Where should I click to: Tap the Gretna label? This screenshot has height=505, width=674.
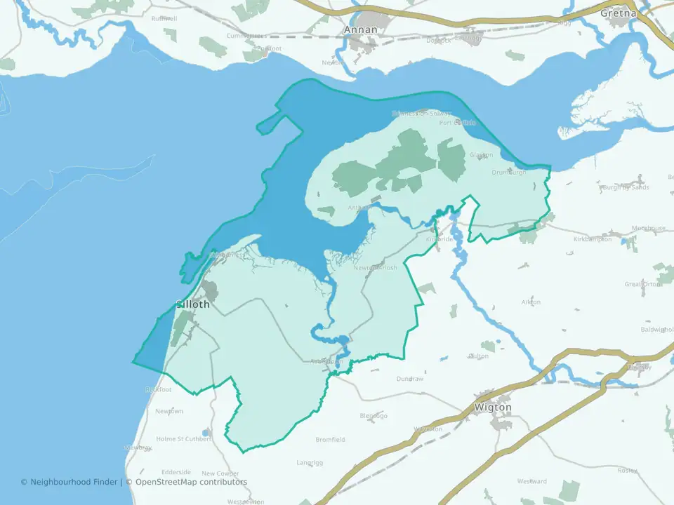click(618, 13)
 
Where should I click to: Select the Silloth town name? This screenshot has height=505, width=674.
click(192, 304)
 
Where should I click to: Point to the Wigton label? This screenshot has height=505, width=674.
click(493, 408)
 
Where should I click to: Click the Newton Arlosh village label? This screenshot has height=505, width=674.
click(375, 268)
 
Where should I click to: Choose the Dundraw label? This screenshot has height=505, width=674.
click(410, 379)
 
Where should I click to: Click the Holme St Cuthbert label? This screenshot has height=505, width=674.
click(183, 439)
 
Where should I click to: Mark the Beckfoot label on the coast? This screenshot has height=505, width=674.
click(158, 389)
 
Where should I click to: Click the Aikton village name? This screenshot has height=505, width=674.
click(531, 302)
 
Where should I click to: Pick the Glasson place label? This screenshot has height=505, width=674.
click(481, 155)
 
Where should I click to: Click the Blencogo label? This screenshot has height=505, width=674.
click(374, 416)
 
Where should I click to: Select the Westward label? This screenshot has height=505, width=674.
click(531, 482)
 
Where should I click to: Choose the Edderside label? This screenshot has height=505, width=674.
click(176, 472)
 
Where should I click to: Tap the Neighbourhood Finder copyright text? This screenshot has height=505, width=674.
click(71, 482)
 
